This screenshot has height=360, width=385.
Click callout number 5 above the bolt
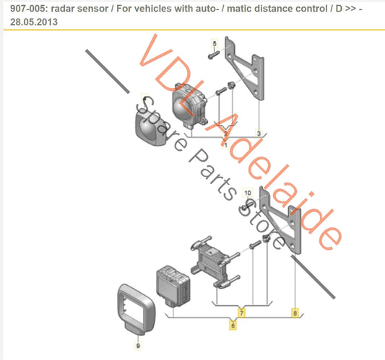215,45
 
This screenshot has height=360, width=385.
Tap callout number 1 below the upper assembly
225,145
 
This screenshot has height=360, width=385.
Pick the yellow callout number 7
241,312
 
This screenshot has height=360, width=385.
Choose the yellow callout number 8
294,312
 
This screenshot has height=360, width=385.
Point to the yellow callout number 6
232,326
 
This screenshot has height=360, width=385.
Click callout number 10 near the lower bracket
247,193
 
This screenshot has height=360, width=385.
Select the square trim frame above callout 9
137,309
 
